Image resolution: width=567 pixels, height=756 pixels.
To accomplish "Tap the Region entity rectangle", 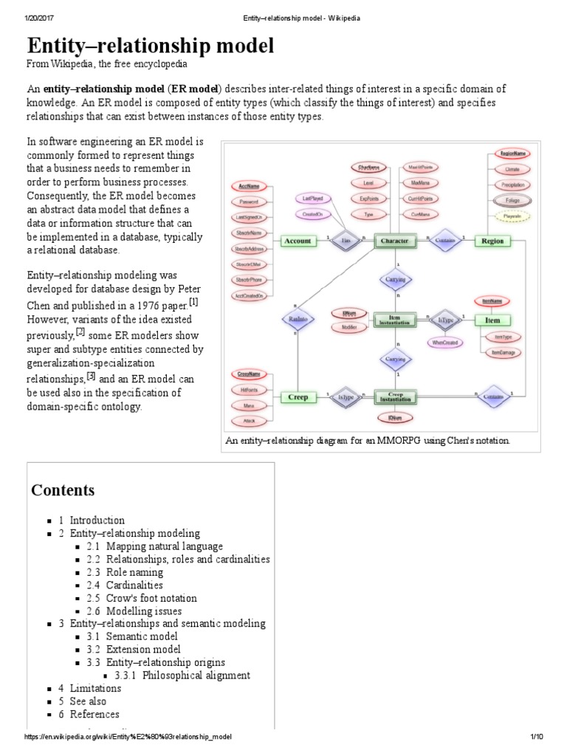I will click(492, 241).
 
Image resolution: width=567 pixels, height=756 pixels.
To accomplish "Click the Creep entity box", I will click(298, 397).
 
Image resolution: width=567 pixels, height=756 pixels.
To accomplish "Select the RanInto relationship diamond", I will click(298, 319).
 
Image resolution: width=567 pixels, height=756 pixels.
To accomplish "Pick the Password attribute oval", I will click(250, 201).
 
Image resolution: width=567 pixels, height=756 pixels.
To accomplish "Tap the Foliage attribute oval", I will click(512, 201).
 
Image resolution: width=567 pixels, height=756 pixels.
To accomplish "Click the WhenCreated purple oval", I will click(447, 342).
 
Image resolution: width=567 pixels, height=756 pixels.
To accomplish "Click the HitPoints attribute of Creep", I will click(250, 390).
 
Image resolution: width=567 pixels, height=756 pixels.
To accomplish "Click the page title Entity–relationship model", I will click(151, 46).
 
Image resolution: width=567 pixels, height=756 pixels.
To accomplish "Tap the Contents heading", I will click(63, 490).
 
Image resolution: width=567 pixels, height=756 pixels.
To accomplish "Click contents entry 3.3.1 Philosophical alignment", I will click(187, 675).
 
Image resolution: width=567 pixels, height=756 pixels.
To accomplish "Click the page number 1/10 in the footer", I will click(537, 738).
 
